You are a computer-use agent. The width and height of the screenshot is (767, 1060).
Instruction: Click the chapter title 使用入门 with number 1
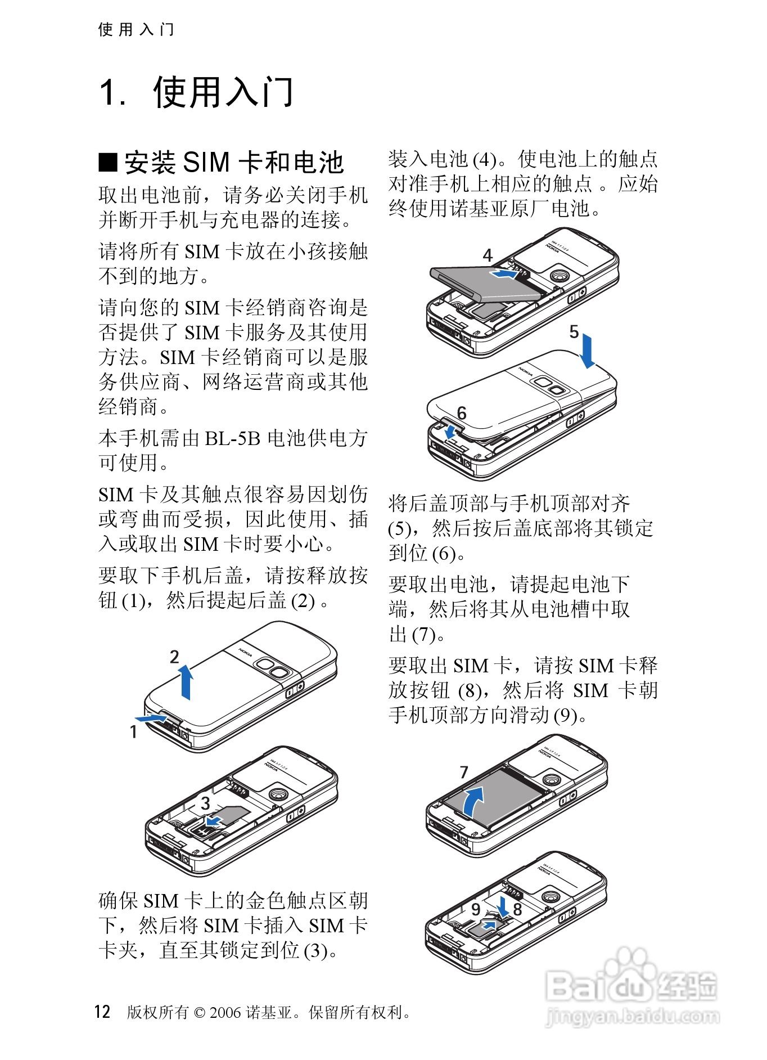tap(196, 92)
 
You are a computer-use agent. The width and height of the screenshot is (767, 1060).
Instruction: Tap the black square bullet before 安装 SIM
tap(108, 163)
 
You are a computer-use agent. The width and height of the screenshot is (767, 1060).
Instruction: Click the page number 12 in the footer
tap(102, 1012)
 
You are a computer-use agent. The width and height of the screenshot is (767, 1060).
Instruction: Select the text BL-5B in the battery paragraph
tap(232, 438)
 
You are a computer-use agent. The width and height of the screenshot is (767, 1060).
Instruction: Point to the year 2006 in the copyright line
tap(225, 1012)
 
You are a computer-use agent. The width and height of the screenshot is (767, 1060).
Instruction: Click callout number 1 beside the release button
tap(133, 732)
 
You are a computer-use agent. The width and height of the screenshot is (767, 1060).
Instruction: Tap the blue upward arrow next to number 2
tap(186, 682)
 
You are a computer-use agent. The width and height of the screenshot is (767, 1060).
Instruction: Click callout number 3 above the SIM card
tap(206, 803)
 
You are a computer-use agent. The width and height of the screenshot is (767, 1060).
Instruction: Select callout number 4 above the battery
tap(488, 255)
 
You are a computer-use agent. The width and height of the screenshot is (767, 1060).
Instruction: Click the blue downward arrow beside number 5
tap(588, 351)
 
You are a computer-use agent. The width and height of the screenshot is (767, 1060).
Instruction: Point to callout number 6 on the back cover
tap(462, 414)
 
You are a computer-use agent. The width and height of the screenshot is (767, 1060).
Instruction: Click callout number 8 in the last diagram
tap(517, 909)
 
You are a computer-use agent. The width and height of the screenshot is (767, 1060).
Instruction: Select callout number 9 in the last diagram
tap(476, 909)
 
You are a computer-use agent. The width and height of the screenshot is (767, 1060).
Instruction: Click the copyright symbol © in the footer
tap(199, 1013)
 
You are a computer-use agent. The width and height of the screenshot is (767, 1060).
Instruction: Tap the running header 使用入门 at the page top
tap(136, 29)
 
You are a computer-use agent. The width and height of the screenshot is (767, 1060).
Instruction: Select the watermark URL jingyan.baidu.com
tap(633, 1017)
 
